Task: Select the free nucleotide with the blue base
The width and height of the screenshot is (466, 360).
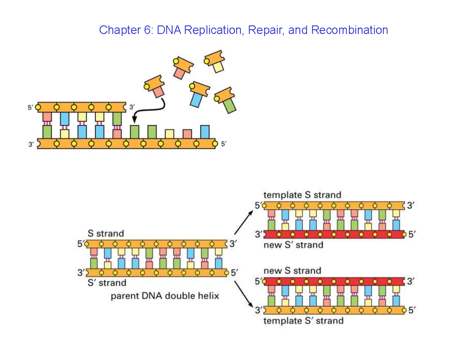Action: pyautogui.click(x=197, y=95)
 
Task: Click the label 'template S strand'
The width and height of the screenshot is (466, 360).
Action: pyautogui.click(x=302, y=195)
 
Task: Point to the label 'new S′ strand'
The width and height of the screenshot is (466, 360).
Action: pyautogui.click(x=293, y=245)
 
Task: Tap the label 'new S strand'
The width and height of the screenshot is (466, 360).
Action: pyautogui.click(x=292, y=270)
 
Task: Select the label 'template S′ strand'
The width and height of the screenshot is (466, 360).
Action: pyautogui.click(x=303, y=320)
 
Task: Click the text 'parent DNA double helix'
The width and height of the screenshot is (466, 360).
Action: pyautogui.click(x=165, y=296)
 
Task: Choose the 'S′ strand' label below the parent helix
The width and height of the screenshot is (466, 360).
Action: pyautogui.click(x=107, y=283)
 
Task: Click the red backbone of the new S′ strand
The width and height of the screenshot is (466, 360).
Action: pyautogui.click(x=334, y=235)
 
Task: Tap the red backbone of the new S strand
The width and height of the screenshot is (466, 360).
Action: pyautogui.click(x=334, y=282)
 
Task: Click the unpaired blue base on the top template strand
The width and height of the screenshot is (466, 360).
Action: pyautogui.click(x=205, y=131)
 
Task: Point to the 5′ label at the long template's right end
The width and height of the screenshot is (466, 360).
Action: pyautogui.click(x=223, y=144)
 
